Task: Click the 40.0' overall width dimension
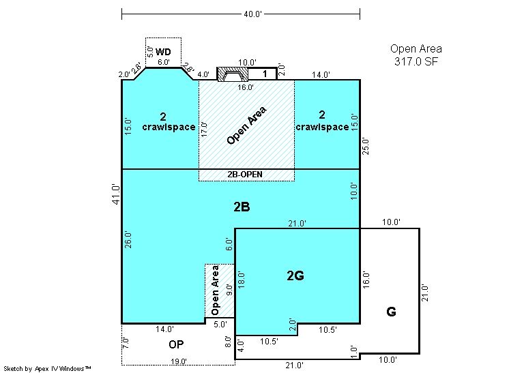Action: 252,14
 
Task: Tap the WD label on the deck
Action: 163,52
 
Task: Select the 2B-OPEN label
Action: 245,174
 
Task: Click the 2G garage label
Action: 295,275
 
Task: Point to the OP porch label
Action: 176,344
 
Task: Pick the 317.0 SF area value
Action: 416,61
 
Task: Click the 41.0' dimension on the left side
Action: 116,194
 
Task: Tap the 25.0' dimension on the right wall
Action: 366,146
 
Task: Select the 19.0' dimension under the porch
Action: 179,361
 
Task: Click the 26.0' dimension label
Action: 128,240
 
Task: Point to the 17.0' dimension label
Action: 204,129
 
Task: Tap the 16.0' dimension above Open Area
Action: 246,87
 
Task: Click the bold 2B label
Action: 242,207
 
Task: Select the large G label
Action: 391,312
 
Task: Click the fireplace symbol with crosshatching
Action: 233,74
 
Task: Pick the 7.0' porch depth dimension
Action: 126,343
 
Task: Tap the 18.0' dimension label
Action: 241,280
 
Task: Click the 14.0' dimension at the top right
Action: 321,74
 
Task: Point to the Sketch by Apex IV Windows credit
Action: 47,368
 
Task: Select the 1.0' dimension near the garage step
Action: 354,352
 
